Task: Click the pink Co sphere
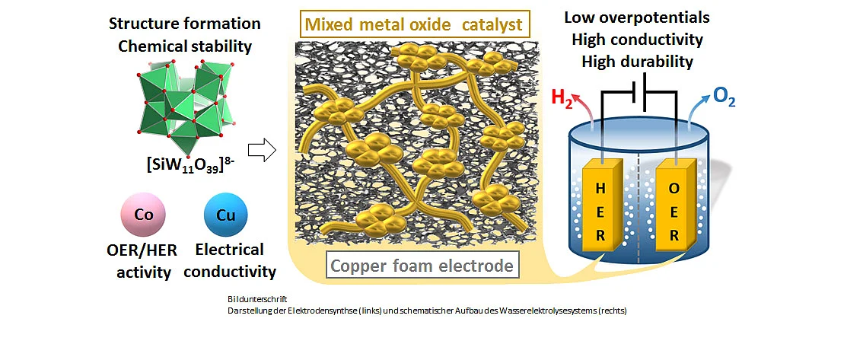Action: click(x=143, y=215)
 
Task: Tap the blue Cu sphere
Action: click(x=226, y=215)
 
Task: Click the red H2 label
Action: click(x=562, y=100)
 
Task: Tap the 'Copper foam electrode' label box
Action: click(x=422, y=266)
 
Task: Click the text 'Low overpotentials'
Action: click(x=637, y=18)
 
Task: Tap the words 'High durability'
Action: click(x=637, y=61)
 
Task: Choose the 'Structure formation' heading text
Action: click(x=185, y=24)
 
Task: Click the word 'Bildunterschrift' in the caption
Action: click(x=250, y=299)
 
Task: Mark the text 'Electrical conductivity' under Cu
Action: click(x=230, y=260)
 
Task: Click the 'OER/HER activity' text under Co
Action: click(x=142, y=261)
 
